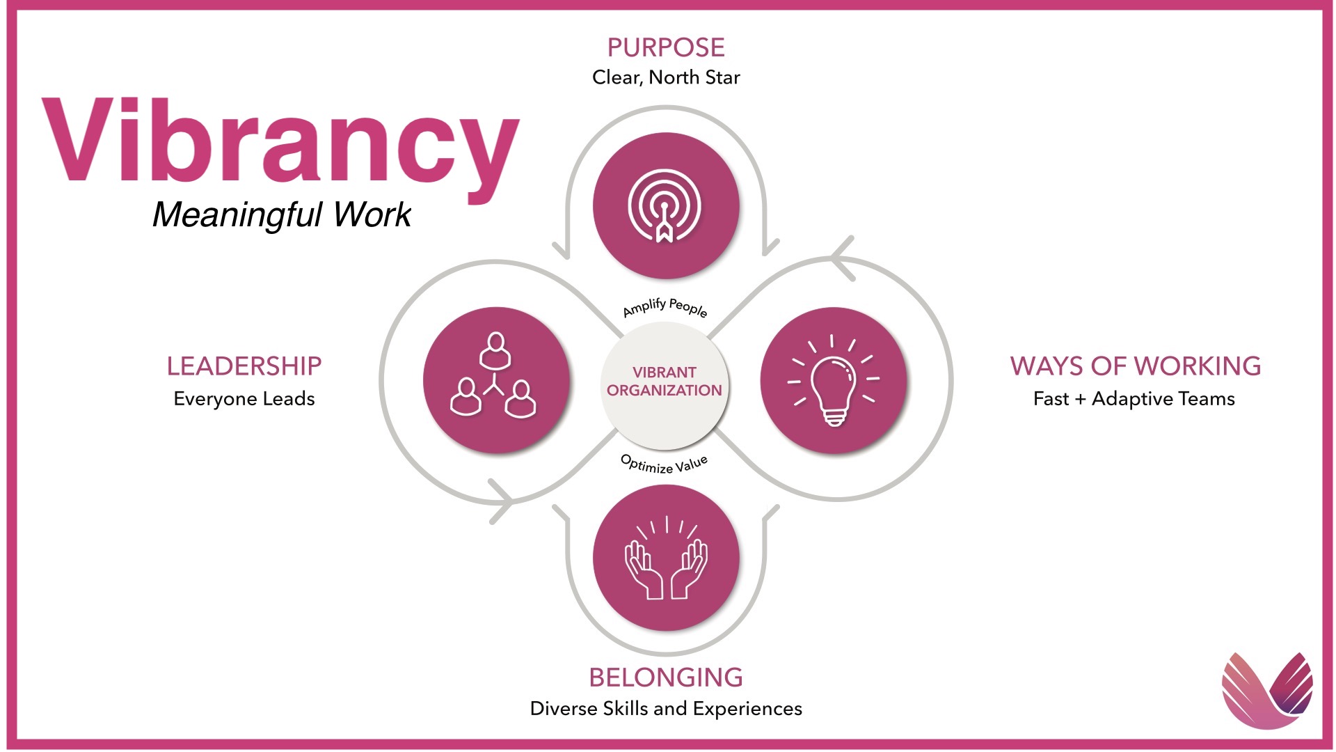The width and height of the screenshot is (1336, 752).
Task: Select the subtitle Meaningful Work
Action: (282, 214)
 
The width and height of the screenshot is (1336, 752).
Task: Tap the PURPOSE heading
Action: (666, 47)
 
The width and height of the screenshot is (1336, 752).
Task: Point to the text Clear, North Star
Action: (666, 77)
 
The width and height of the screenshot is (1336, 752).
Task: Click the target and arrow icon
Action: (665, 206)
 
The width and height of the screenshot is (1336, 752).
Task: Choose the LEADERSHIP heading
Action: (244, 366)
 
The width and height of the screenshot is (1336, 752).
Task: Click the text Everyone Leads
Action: (244, 399)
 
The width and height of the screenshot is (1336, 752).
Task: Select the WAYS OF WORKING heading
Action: (1136, 366)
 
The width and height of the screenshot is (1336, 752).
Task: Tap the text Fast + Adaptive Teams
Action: (1134, 399)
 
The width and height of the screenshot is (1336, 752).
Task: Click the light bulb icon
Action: (834, 380)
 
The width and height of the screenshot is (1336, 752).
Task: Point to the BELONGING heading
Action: (666, 677)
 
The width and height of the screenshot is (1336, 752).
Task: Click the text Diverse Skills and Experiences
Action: (666, 709)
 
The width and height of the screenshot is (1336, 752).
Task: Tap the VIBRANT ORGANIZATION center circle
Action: (665, 385)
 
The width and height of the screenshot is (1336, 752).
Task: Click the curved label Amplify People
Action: (665, 306)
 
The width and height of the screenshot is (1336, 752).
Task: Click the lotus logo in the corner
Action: (1268, 691)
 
